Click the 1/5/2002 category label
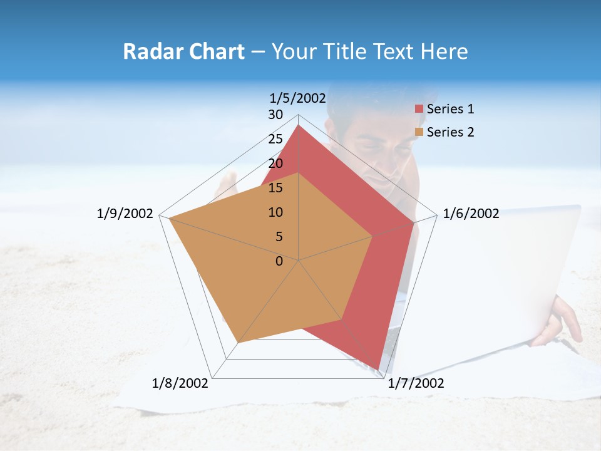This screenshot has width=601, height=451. tap(298, 98)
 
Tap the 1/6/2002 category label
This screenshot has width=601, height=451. tap(471, 214)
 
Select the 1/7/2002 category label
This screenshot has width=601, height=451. tap(416, 383)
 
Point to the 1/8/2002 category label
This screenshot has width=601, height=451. tap(180, 383)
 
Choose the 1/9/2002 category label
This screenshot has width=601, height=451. tap(125, 214)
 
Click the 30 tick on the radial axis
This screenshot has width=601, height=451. tap(275, 115)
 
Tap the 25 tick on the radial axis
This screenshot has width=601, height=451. tap(275, 139)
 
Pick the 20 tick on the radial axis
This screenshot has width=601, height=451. tap(275, 163)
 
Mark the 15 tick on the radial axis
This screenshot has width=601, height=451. tap(275, 188)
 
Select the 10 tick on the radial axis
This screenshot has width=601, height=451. tap(275, 212)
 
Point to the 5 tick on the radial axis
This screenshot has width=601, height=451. tap(279, 237)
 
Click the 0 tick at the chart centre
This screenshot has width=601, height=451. tap(279, 261)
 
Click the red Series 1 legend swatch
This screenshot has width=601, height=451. tap(419, 109)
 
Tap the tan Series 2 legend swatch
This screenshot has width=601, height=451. tap(419, 132)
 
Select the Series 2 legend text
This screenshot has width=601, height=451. tap(450, 132)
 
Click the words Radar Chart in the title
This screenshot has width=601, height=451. tap(183, 51)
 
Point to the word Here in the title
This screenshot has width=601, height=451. tap(444, 51)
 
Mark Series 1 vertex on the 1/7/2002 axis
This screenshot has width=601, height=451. tap(378, 370)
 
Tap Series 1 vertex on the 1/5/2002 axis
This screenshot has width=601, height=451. tap(299, 125)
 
